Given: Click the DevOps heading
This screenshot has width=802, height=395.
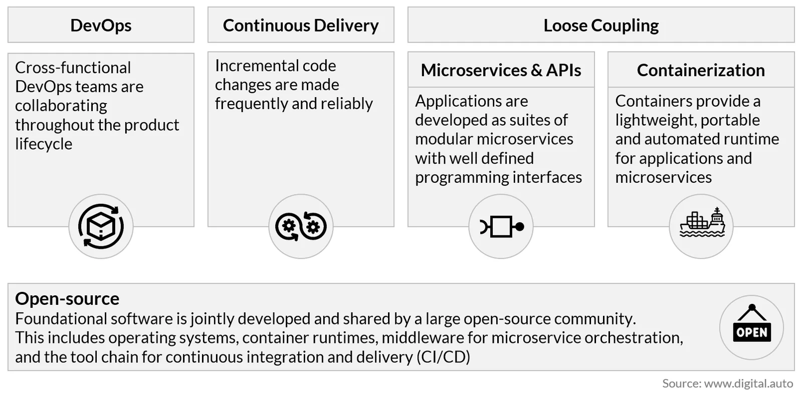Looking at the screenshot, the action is click(101, 26).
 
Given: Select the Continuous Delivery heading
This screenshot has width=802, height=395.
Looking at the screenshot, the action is click(301, 26).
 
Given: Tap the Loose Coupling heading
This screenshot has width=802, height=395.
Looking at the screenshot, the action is click(601, 26).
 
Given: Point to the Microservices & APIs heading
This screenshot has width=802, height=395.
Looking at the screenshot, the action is click(501, 70).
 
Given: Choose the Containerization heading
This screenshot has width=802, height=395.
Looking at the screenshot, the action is click(701, 70).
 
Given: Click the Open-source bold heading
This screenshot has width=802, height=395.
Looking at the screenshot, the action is click(67, 299).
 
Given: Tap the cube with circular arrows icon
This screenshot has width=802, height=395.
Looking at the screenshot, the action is click(101, 226).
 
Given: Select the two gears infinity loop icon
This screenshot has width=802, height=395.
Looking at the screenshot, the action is click(301, 226).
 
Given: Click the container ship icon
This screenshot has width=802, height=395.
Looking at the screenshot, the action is click(702, 222).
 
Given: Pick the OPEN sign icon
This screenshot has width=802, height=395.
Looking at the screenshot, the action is click(752, 323).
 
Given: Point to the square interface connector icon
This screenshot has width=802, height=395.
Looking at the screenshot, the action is click(502, 227).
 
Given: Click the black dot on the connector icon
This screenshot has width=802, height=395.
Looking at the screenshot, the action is click(519, 227).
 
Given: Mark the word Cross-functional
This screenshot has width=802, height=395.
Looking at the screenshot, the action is click(73, 68).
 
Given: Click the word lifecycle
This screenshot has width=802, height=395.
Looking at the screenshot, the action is click(44, 144).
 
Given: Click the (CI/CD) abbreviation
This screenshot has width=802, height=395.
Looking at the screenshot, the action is click(444, 357).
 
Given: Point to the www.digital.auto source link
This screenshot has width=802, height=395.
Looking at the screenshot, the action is click(749, 383).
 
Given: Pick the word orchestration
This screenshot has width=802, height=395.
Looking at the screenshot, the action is click(634, 338).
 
